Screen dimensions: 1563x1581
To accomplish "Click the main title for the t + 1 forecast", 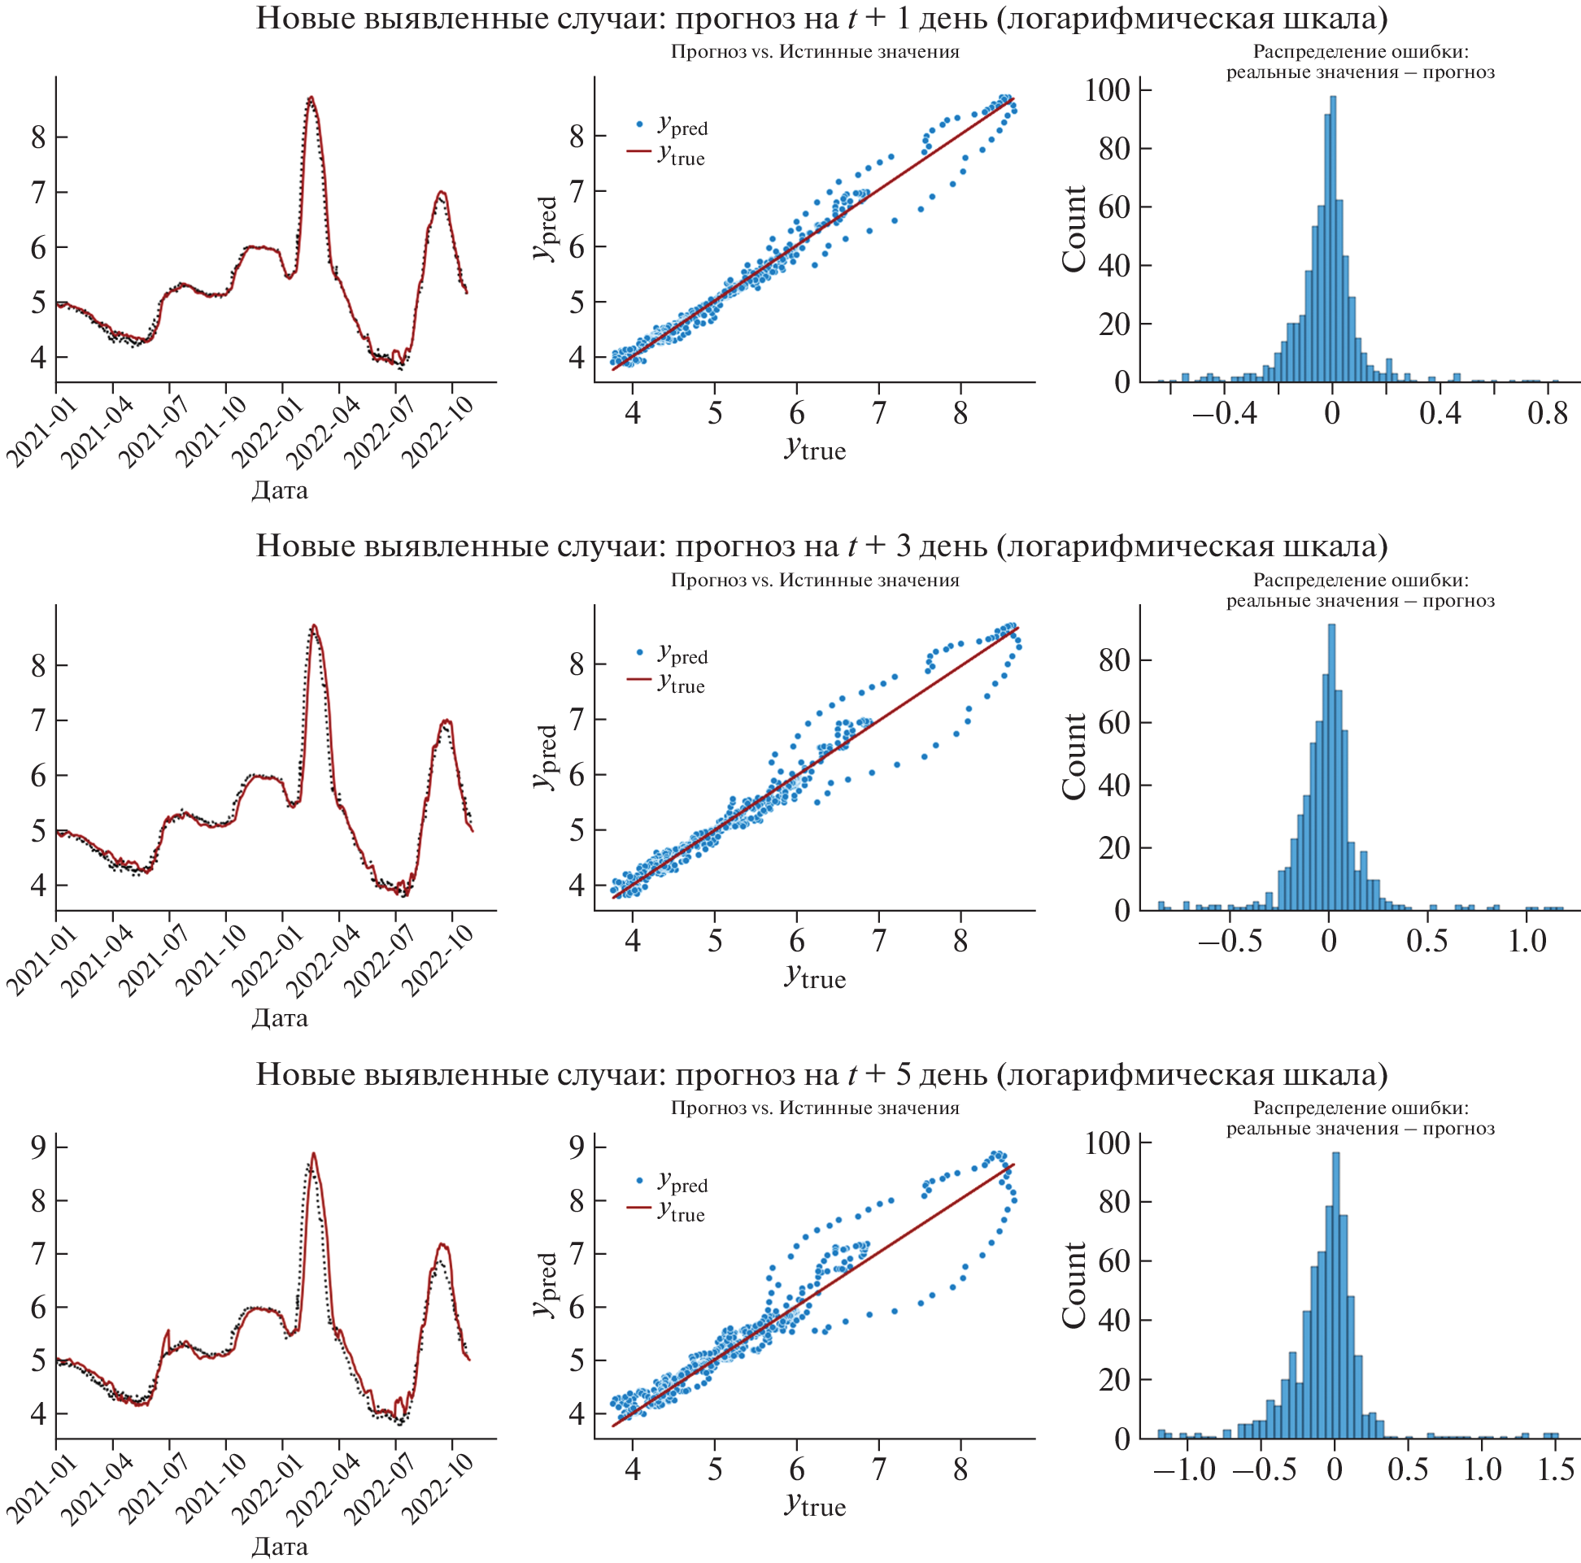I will click(821, 18).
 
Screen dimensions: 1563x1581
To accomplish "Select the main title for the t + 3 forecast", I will click(821, 546).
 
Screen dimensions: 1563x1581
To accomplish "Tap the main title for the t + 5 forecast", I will click(821, 1073).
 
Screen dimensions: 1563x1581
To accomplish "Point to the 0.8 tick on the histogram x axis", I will click(1547, 412).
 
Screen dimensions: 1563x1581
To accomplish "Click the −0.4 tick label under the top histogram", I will click(1225, 412).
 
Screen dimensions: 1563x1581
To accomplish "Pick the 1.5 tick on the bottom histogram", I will click(1555, 1469).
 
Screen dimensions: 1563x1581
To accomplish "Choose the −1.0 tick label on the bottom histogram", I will click(1184, 1469).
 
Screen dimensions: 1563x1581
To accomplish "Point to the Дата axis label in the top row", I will click(279, 490).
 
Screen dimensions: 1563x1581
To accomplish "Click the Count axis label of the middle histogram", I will click(1074, 756).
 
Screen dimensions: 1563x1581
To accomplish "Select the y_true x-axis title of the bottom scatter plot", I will click(814, 1504).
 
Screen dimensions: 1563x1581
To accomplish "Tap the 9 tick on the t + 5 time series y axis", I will click(37, 1147).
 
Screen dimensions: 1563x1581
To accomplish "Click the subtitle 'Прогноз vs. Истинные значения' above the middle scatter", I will click(814, 580).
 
